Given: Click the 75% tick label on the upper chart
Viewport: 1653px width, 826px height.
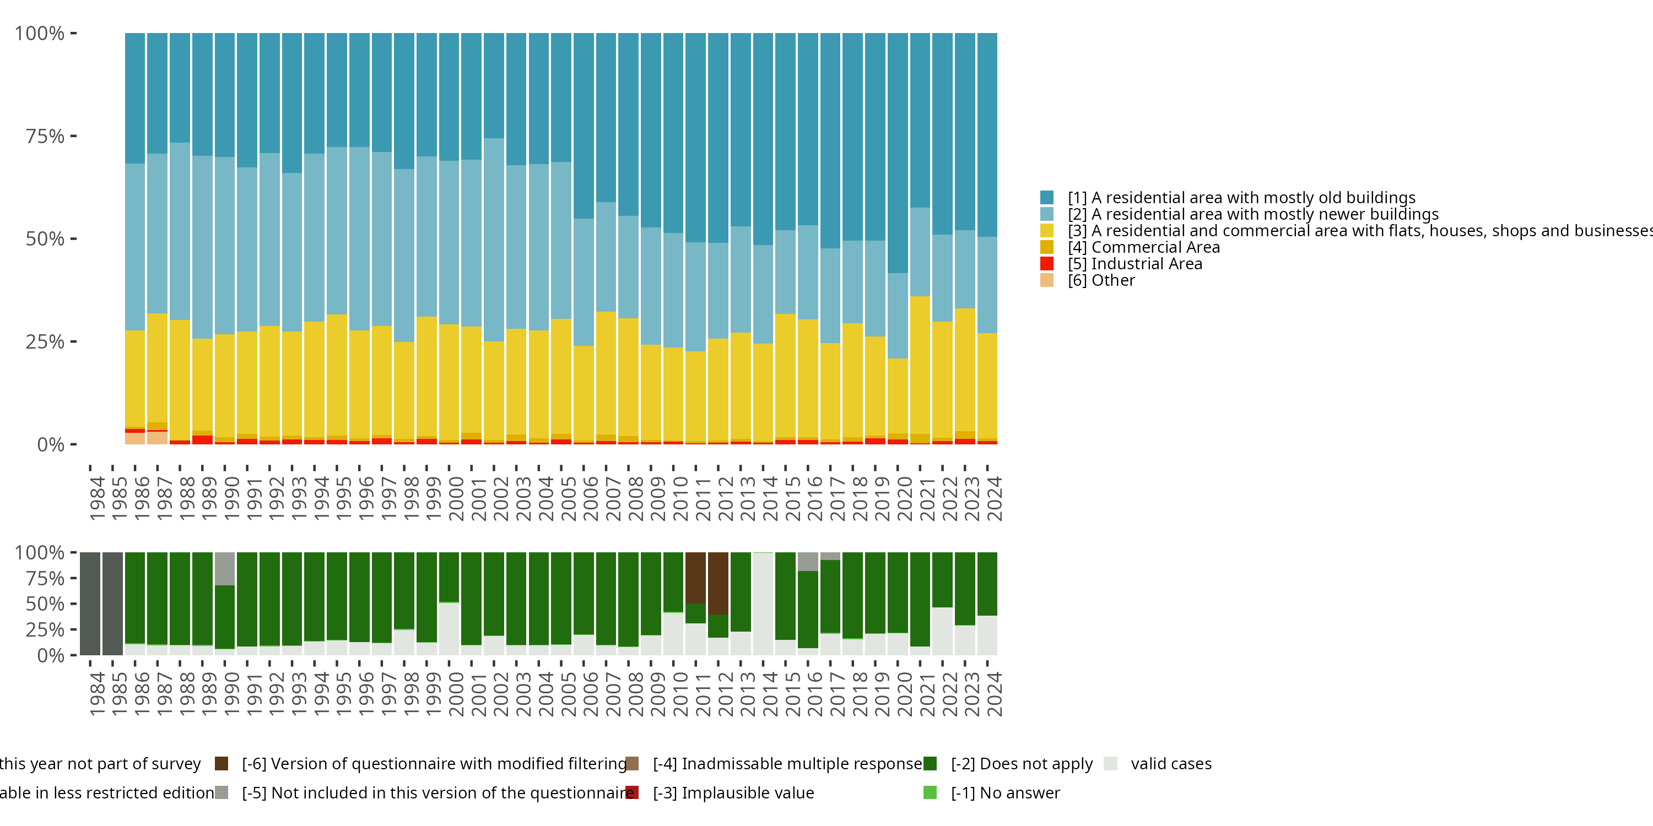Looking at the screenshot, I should coord(45,136).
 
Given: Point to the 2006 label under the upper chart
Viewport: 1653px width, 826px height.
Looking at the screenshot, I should coord(584,499).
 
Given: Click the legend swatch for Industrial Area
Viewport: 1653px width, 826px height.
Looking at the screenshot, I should coord(1046,264).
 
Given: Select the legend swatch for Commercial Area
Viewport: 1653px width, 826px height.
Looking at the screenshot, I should coord(1046,247).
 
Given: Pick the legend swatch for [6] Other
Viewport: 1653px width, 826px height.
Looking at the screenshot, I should coord(1046,280).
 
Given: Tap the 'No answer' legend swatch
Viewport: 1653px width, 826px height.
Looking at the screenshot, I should coord(930,792).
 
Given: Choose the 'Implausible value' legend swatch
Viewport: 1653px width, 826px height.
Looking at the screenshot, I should coord(632,792).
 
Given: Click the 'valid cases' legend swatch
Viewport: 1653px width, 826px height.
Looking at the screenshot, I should coord(1111,764).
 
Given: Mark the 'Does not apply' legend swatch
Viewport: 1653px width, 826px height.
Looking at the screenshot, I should coord(930,764).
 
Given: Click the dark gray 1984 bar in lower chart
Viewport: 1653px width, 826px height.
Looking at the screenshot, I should coord(90,603).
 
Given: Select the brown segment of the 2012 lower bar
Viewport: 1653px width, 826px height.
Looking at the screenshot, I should coord(718,582).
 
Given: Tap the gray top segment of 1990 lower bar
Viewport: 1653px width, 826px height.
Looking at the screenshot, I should coord(225,568).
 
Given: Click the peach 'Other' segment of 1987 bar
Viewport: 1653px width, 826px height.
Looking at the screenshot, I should coord(157,437).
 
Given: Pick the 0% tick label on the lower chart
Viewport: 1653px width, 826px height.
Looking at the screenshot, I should coord(50,655).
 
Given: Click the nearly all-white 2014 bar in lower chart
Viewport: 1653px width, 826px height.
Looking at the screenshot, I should coord(763,603).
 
